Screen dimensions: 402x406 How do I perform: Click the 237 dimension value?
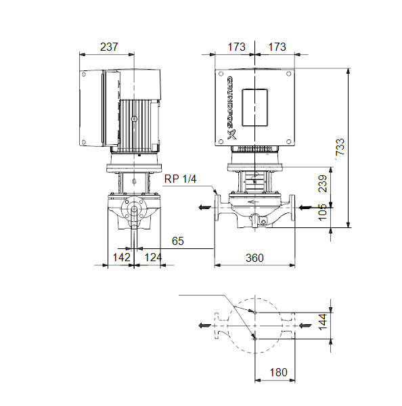(109, 47)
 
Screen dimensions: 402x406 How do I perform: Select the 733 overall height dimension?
(340, 147)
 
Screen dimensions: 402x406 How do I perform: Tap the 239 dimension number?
(323, 183)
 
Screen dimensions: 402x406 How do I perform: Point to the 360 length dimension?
(254, 258)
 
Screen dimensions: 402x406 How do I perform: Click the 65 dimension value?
(178, 241)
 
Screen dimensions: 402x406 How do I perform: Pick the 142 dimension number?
(122, 257)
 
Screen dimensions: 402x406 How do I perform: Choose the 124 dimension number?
(153, 257)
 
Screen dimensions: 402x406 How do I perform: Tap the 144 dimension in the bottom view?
(323, 322)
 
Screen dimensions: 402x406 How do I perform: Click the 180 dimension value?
(279, 372)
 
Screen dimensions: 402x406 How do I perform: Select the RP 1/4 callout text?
(181, 179)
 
